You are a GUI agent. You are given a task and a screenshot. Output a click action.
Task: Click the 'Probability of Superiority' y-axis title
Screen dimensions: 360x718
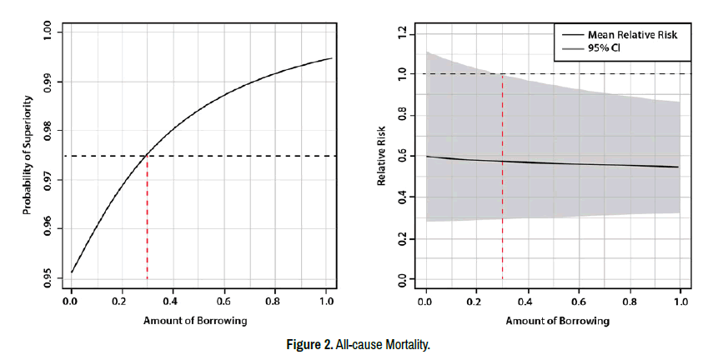(x=27, y=155)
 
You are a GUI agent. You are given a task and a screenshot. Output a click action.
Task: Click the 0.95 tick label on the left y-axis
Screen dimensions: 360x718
(x=48, y=277)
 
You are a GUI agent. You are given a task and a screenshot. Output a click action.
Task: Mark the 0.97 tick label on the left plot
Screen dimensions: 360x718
(x=48, y=179)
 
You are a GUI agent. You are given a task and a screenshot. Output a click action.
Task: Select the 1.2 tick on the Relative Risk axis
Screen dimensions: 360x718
(x=403, y=33)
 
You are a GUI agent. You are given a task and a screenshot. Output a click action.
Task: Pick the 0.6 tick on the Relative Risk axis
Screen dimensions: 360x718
(x=403, y=156)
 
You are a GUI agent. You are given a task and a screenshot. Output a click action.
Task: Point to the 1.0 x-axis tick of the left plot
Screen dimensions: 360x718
(x=325, y=301)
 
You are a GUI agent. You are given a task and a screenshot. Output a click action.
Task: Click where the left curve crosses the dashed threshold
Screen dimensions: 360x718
(x=148, y=156)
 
